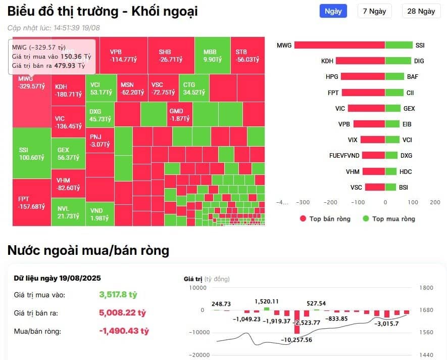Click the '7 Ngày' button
click(x=373, y=11)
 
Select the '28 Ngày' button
click(x=420, y=11)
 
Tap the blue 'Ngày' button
click(x=333, y=11)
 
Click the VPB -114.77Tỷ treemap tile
click(x=124, y=56)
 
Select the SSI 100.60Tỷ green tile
click(x=31, y=153)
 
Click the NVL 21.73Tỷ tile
click(x=68, y=212)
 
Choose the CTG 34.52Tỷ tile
click(x=194, y=88)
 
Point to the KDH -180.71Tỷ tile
click(x=68, y=91)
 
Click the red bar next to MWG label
click(x=339, y=46)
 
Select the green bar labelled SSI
click(x=399, y=46)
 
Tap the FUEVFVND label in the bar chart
click(x=343, y=156)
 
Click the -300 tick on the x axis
click(x=303, y=202)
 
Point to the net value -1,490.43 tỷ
click(x=124, y=331)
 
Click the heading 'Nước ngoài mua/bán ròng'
click(x=88, y=250)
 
